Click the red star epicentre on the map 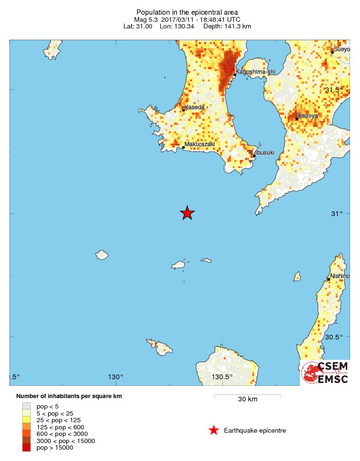187,213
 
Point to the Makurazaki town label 200,144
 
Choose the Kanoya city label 308,115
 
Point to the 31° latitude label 337,214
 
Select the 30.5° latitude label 334,337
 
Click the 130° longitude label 116,377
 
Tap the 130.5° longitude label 222,377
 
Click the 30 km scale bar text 247,400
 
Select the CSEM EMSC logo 325,373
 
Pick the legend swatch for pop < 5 26,406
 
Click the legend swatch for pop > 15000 26,448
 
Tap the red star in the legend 214,430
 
